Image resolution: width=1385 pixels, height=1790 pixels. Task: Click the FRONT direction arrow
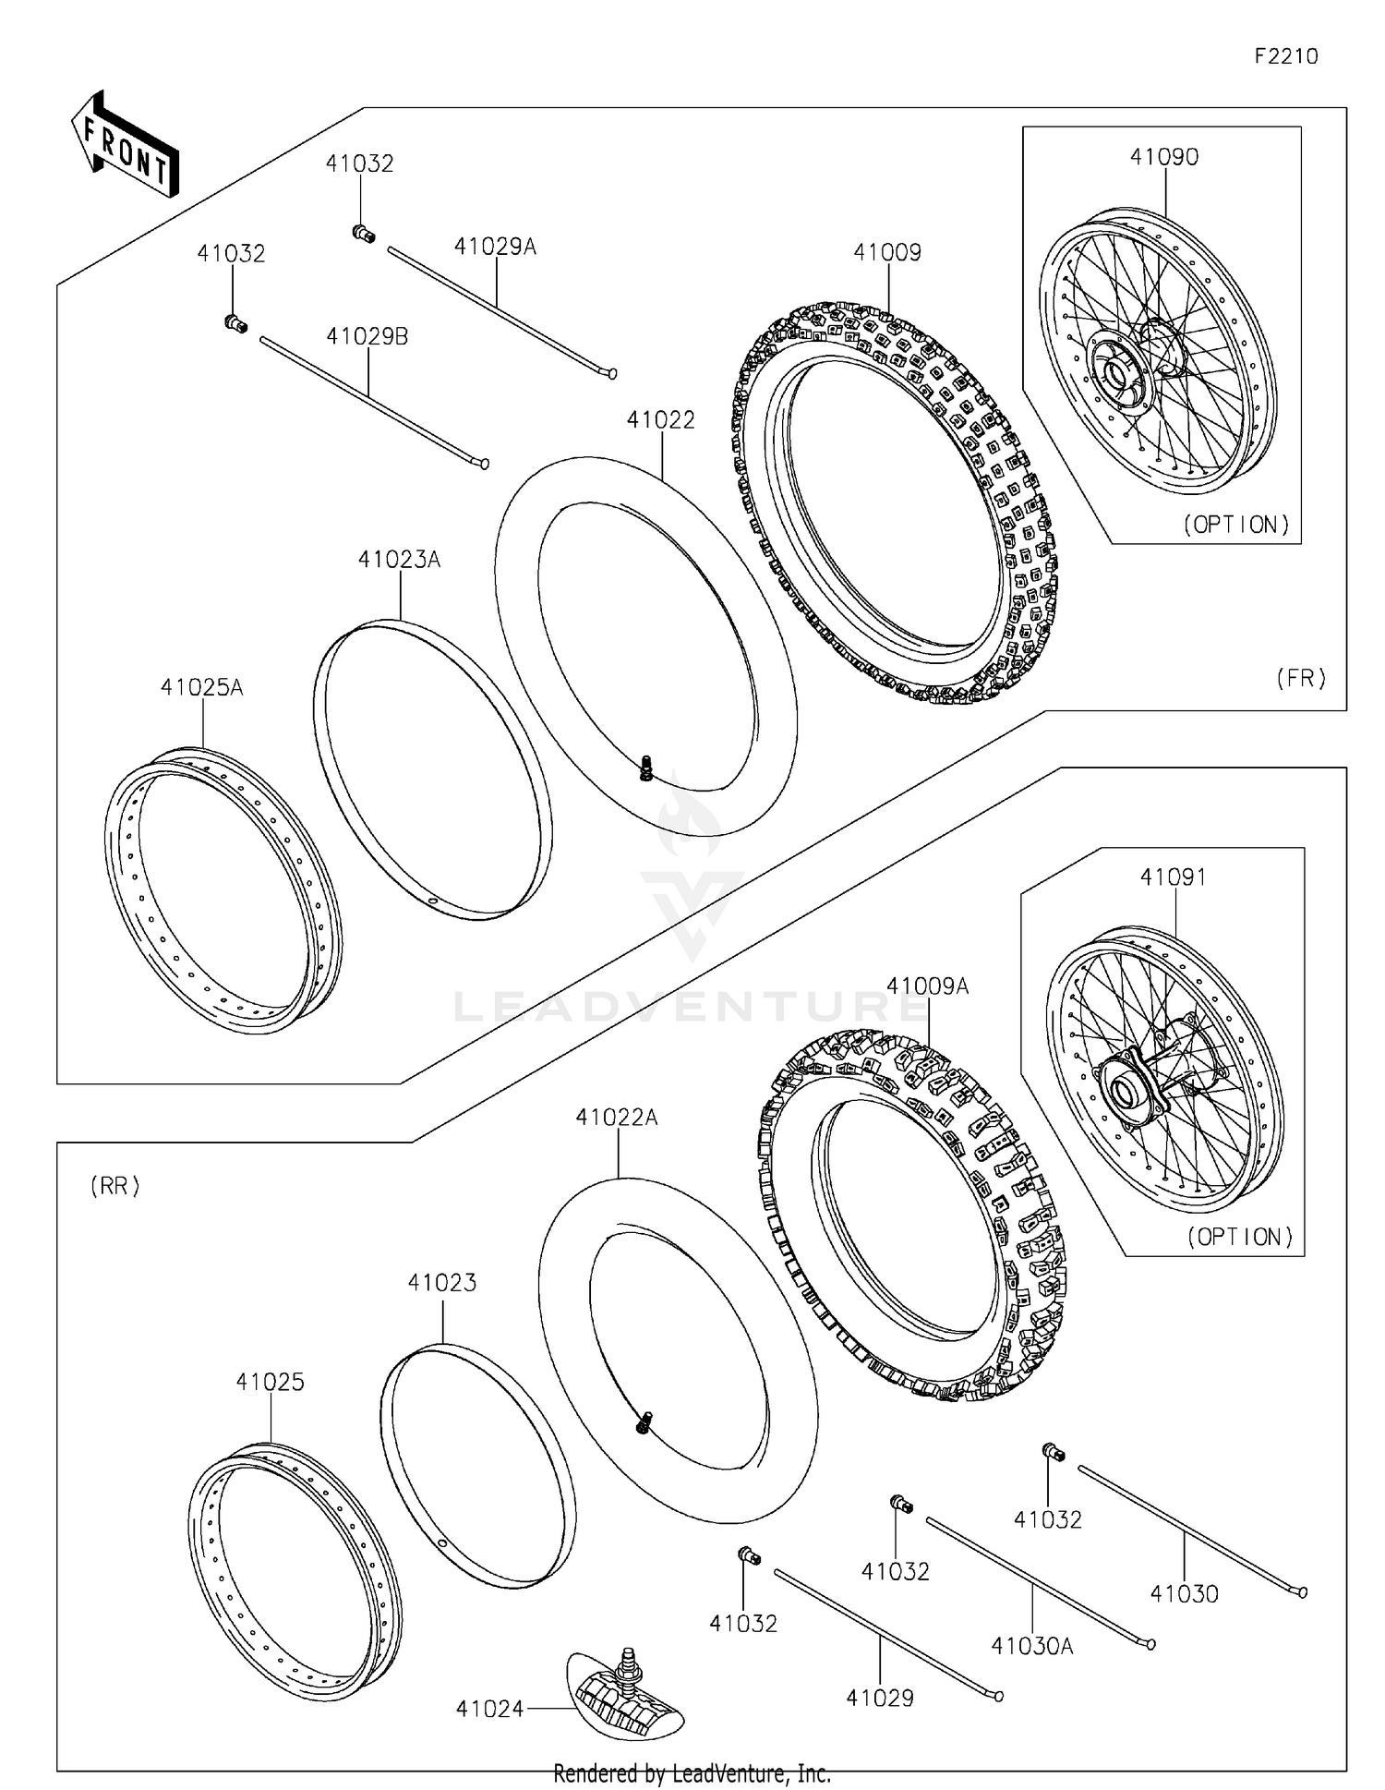(x=126, y=145)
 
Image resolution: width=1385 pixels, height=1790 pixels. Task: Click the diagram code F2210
(x=1285, y=56)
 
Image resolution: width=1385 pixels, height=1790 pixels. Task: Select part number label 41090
(x=1164, y=157)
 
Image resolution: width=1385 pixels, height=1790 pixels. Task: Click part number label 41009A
(x=927, y=986)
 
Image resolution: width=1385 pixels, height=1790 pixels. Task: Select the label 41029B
(x=367, y=337)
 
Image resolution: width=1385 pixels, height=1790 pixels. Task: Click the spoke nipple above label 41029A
(x=364, y=234)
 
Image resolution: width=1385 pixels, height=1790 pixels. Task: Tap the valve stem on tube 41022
(x=646, y=768)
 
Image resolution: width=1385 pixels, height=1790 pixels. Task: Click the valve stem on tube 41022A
(x=644, y=1422)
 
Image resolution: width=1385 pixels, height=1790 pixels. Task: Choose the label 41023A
(x=399, y=560)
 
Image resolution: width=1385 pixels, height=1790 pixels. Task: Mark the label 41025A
(x=201, y=687)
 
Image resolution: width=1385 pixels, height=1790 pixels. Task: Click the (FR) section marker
(x=1300, y=678)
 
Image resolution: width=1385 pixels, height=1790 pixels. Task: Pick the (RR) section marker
(x=115, y=1186)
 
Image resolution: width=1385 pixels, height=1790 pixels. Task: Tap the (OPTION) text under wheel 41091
(x=1240, y=1237)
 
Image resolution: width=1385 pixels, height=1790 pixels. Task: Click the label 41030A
(x=1031, y=1646)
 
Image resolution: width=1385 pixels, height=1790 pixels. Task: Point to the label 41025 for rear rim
(x=270, y=1382)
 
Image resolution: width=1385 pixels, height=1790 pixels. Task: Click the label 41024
(x=489, y=1709)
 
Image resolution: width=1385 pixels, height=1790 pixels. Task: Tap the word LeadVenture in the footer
(x=722, y=1773)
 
